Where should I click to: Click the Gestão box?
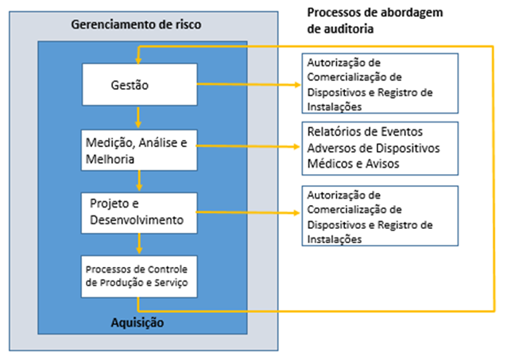(140, 84)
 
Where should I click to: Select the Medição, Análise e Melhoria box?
(139, 150)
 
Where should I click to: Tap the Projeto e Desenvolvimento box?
(139, 213)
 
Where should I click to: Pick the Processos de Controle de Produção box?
(139, 277)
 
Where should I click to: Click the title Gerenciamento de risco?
(136, 25)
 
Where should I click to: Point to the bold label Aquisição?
(137, 323)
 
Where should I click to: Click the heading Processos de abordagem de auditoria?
(375, 21)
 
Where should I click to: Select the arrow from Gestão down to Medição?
(138, 118)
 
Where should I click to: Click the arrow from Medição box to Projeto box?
(139, 180)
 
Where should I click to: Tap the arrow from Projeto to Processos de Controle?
(139, 244)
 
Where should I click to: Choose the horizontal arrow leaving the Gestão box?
(249, 84)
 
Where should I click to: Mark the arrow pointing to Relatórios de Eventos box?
(248, 146)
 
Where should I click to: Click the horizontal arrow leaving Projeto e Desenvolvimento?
(248, 212)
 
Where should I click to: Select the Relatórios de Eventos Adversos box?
(380, 149)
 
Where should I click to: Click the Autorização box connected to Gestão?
(380, 83)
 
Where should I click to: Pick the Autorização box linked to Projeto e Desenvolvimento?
(380, 216)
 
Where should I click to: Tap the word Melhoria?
(110, 159)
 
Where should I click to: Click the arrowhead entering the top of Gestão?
(138, 60)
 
